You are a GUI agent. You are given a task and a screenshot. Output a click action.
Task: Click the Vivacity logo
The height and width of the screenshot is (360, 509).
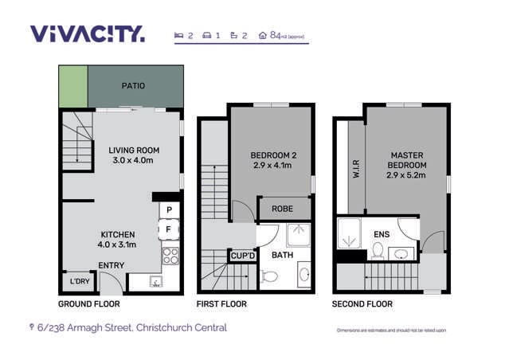tap(88, 33)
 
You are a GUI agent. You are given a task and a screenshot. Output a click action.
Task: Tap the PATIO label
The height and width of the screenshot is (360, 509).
tap(132, 86)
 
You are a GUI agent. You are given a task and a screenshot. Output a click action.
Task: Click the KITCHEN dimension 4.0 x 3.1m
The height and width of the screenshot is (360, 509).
tap(116, 245)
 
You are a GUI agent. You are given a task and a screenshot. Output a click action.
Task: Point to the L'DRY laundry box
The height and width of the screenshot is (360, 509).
tap(80, 282)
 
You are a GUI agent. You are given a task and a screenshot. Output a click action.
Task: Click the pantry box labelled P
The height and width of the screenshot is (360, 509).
tap(169, 211)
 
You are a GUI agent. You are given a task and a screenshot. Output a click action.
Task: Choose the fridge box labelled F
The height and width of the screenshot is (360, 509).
tap(169, 230)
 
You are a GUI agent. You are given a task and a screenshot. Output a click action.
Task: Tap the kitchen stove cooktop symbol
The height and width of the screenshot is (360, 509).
tap(170, 256)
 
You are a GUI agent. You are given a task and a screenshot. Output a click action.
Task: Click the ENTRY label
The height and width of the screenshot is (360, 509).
tap(111, 265)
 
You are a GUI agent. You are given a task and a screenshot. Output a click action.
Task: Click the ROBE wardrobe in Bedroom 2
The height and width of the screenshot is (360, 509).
tap(283, 209)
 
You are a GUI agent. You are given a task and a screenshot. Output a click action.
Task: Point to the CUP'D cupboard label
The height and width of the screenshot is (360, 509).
tap(241, 256)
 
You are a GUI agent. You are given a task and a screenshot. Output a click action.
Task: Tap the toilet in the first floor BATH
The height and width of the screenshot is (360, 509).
tap(268, 277)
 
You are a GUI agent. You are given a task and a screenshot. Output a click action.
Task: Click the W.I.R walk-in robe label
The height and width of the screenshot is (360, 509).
tap(356, 170)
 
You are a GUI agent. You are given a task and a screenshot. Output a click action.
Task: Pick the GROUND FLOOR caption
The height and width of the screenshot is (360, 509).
tap(89, 304)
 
